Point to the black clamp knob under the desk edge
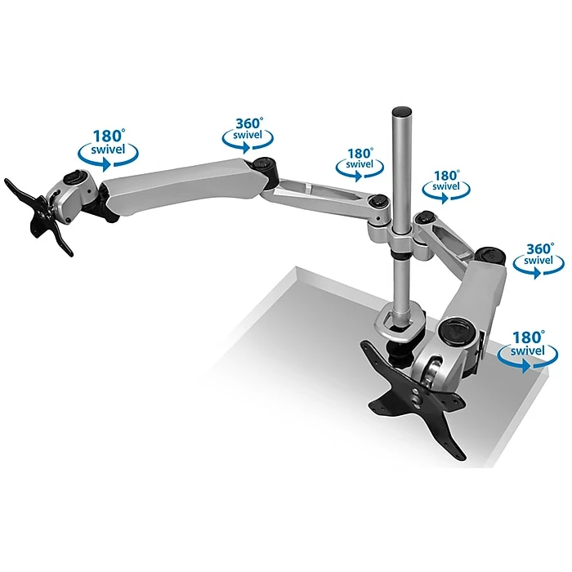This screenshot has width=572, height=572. pos(399,353)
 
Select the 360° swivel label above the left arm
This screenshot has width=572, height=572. pos(248,134)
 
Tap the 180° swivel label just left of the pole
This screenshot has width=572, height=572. pos(360,164)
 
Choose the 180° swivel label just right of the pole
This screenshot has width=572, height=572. pos(446,186)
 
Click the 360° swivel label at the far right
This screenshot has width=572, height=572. pos(538,261)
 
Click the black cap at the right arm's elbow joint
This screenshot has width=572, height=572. pos(491,254)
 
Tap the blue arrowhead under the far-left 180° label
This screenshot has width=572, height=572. pos(105,164)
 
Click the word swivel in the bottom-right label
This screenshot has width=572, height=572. pos(528,351)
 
